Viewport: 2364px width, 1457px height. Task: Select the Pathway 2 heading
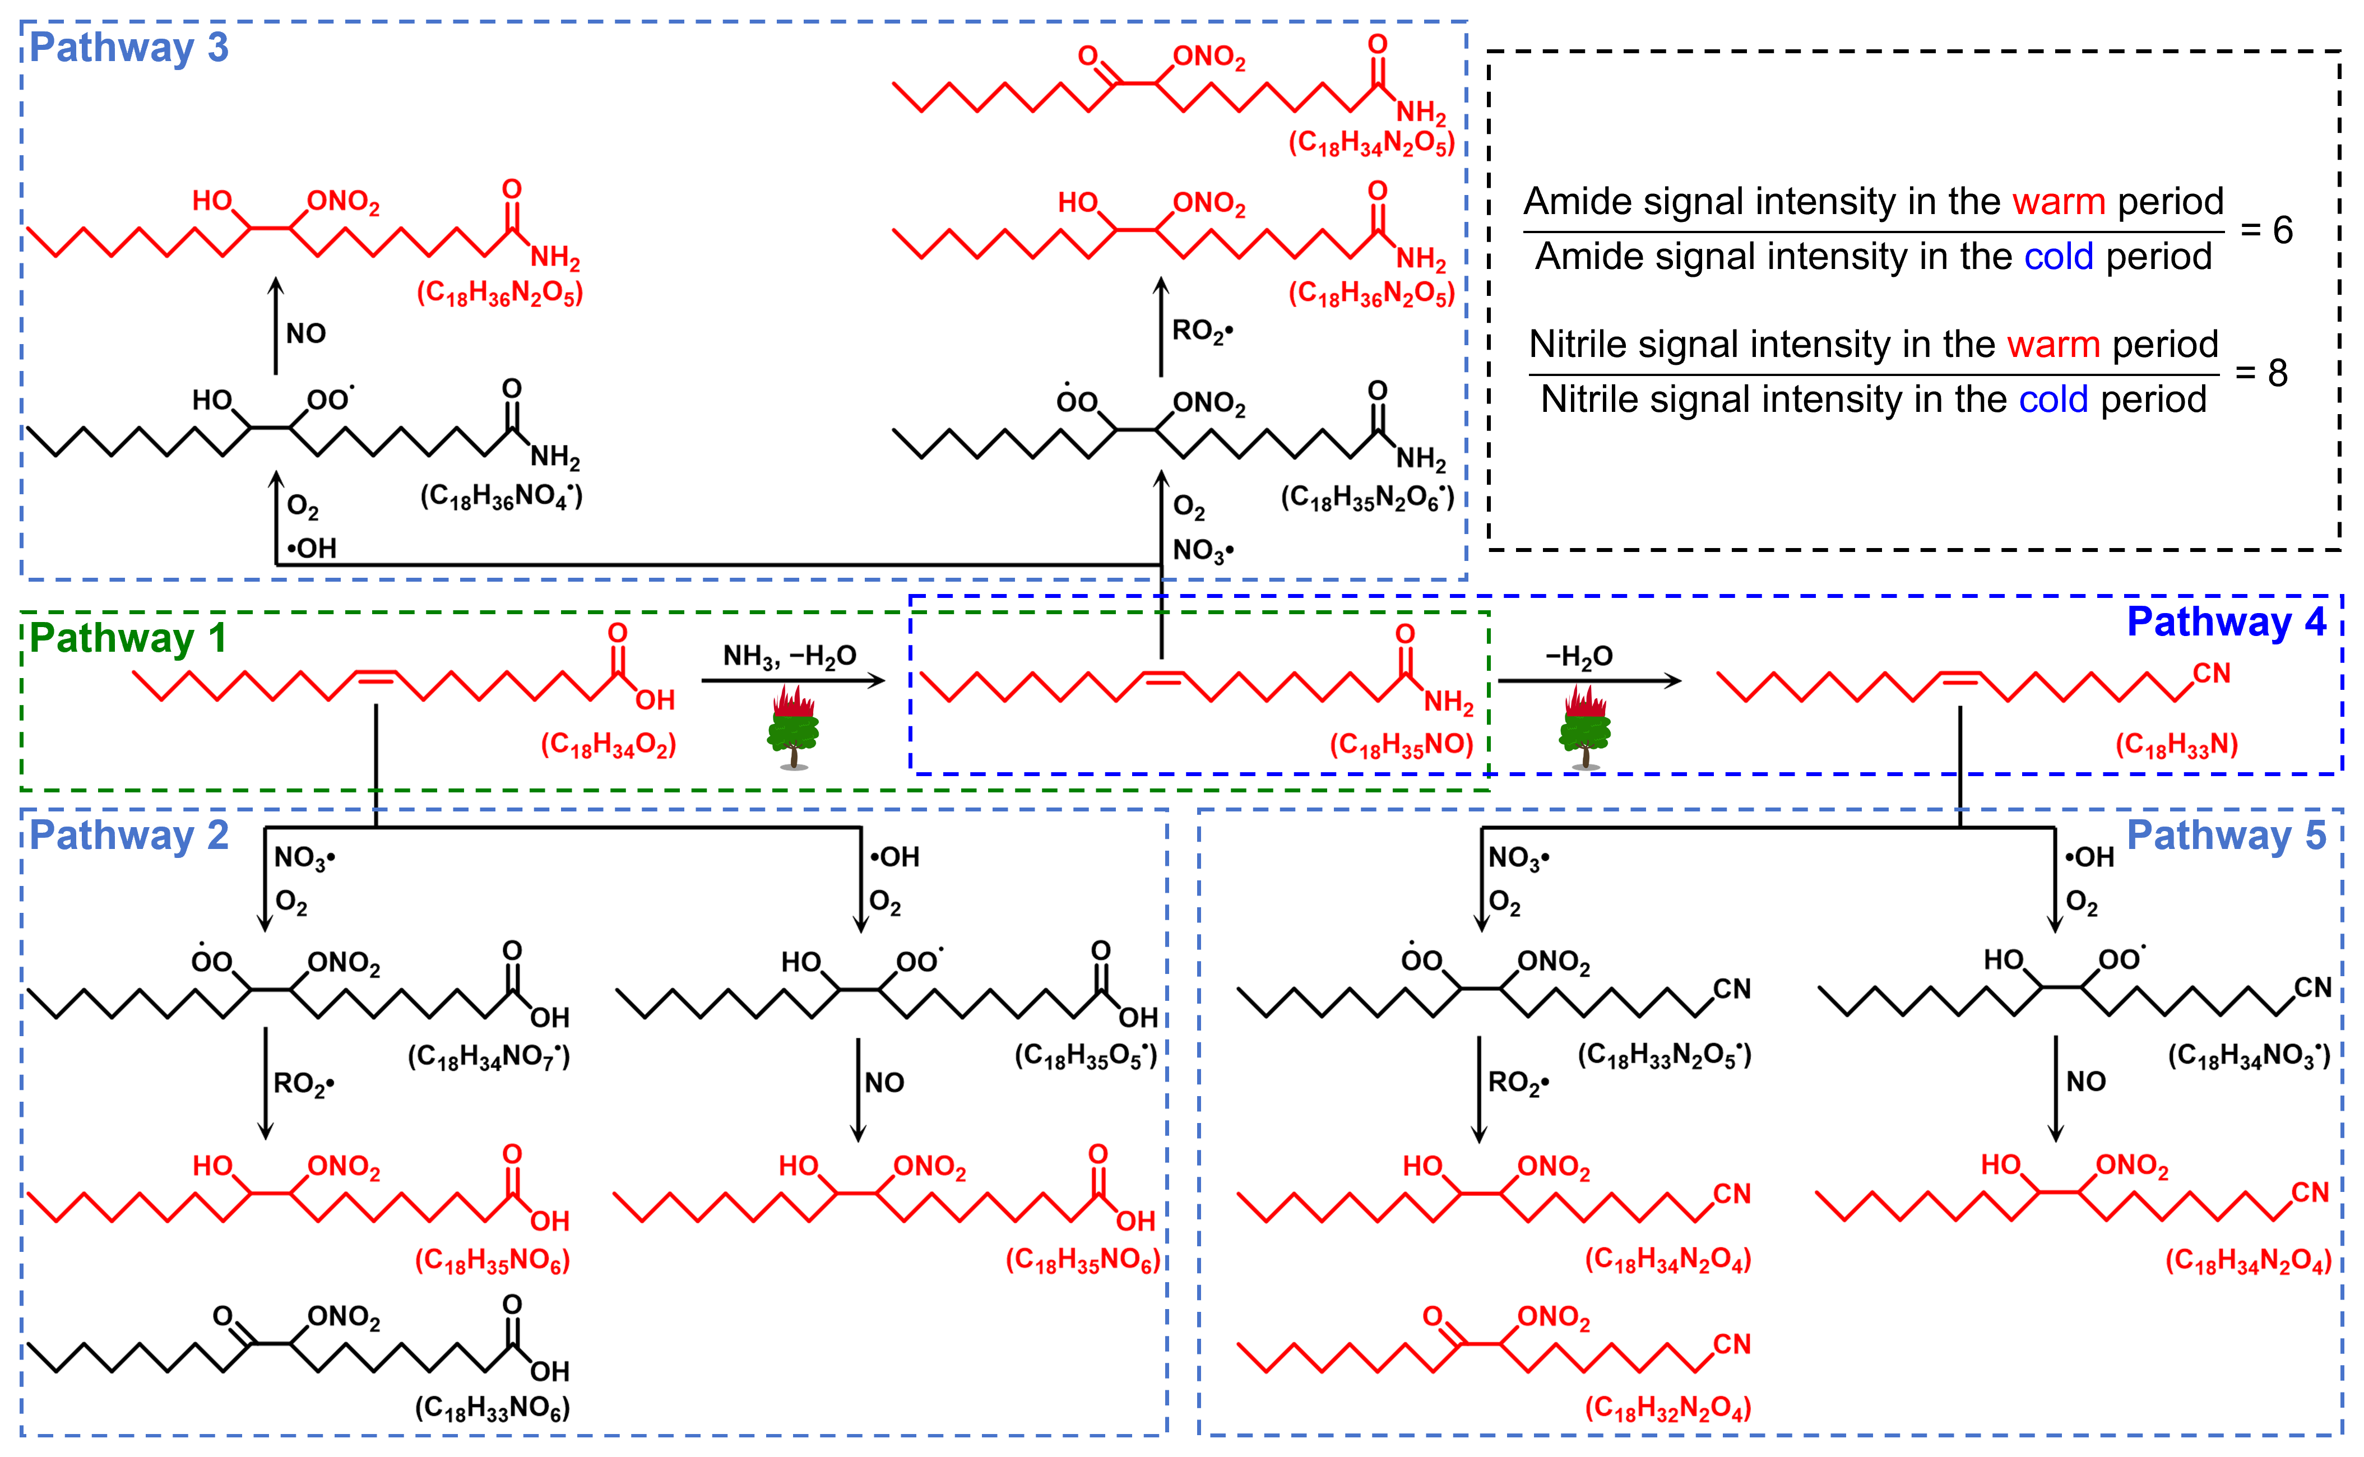pos(129,834)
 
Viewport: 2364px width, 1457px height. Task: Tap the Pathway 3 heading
pos(129,47)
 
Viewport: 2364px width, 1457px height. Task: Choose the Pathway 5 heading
pos(2226,834)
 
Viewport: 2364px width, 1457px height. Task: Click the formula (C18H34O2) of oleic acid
pos(608,745)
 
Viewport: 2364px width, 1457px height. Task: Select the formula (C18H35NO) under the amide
pos(1401,745)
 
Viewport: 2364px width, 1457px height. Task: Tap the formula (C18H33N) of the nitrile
pos(2176,745)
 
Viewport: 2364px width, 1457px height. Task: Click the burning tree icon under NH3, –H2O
pos(793,727)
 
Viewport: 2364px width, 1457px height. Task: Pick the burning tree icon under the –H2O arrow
pos(1584,727)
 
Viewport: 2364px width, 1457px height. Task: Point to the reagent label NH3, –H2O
pos(789,656)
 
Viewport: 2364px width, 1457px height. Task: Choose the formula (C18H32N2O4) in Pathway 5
pos(1667,1409)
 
